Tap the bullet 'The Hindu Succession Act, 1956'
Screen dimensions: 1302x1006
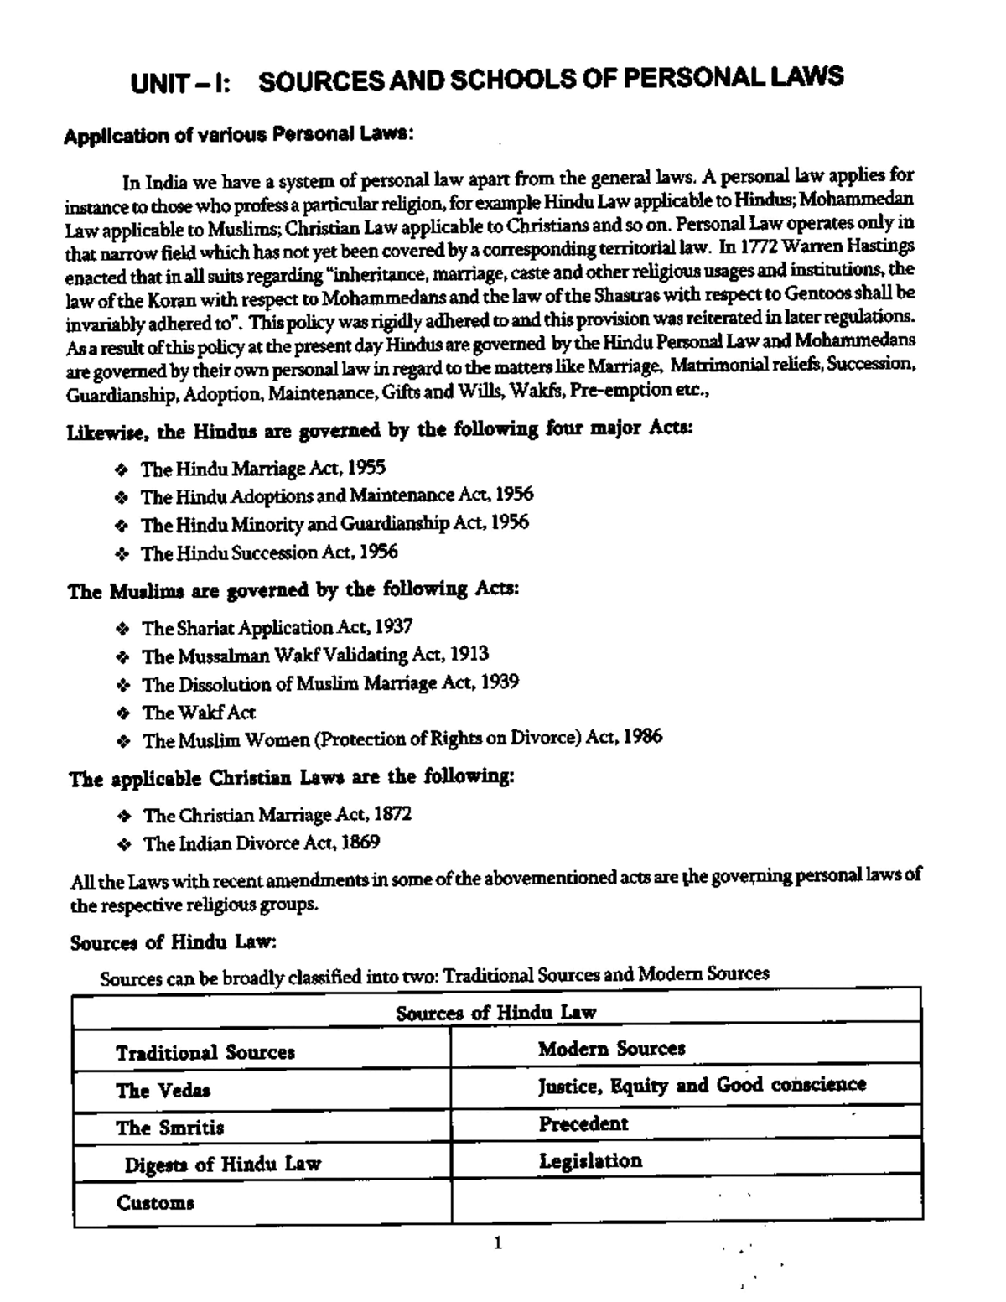point(268,552)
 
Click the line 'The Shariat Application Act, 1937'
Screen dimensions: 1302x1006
point(277,627)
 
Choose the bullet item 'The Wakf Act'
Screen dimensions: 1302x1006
point(199,713)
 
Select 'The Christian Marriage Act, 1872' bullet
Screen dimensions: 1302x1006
point(277,815)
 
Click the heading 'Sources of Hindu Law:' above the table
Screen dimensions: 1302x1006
point(174,941)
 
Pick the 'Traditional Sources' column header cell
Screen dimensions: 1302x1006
point(205,1052)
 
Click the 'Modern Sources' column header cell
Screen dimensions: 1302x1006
point(611,1048)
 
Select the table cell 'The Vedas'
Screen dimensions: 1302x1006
point(163,1090)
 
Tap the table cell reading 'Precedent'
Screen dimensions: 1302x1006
point(583,1123)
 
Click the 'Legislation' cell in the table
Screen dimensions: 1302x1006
point(590,1161)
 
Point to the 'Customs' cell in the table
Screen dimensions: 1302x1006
point(155,1203)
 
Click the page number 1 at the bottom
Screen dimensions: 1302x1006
point(498,1243)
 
